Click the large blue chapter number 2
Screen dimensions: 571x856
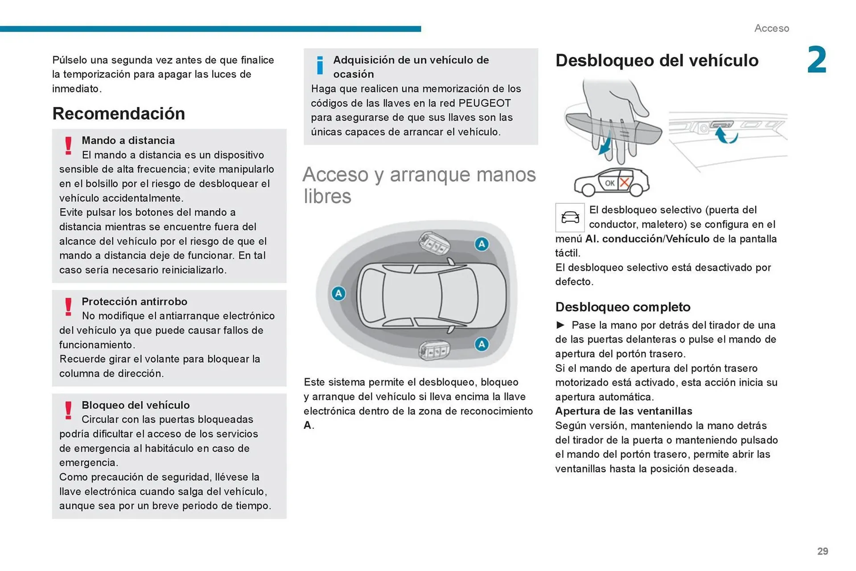click(816, 60)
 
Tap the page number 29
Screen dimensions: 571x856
click(823, 551)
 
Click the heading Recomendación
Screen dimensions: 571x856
click(119, 114)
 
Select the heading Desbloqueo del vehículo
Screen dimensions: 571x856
click(657, 61)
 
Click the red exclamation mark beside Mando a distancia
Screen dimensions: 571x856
click(68, 146)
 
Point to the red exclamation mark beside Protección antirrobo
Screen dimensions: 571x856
click(68, 307)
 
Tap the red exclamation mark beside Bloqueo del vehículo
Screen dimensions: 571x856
click(68, 411)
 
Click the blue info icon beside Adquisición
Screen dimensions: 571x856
click(320, 66)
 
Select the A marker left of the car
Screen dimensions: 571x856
click(338, 293)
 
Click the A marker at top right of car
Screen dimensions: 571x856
click(481, 244)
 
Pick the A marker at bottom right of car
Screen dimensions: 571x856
click(481, 344)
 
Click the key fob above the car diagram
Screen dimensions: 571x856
click(433, 243)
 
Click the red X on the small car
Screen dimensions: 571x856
click(625, 182)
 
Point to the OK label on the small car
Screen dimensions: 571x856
click(609, 183)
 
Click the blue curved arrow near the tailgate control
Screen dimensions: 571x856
click(726, 135)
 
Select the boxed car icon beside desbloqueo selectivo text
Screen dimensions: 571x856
click(570, 218)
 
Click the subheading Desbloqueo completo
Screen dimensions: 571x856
click(622, 307)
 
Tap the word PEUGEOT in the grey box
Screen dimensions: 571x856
click(485, 103)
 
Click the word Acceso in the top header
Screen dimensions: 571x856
click(771, 29)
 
